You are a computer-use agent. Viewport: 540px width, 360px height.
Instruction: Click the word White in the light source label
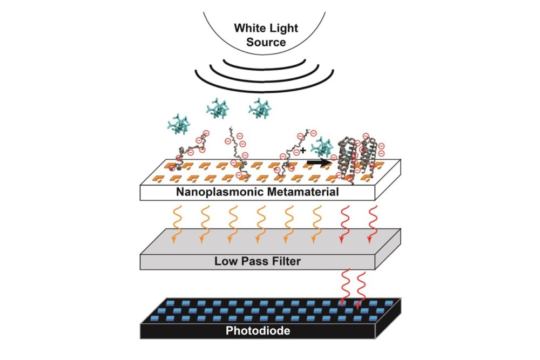point(250,29)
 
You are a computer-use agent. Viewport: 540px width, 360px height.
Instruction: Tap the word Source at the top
point(266,42)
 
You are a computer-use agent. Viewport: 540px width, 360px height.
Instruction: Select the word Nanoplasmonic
point(219,191)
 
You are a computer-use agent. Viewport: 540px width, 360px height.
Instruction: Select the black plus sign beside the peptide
point(310,151)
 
